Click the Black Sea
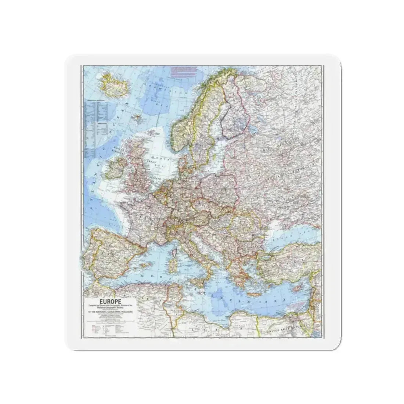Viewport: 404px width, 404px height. click(290, 235)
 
